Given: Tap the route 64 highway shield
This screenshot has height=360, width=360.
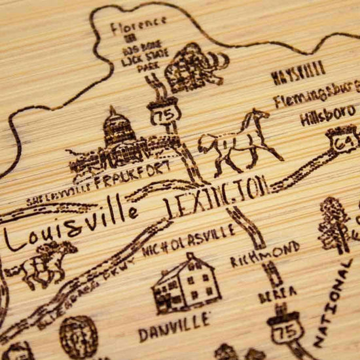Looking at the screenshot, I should [x=343, y=139].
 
